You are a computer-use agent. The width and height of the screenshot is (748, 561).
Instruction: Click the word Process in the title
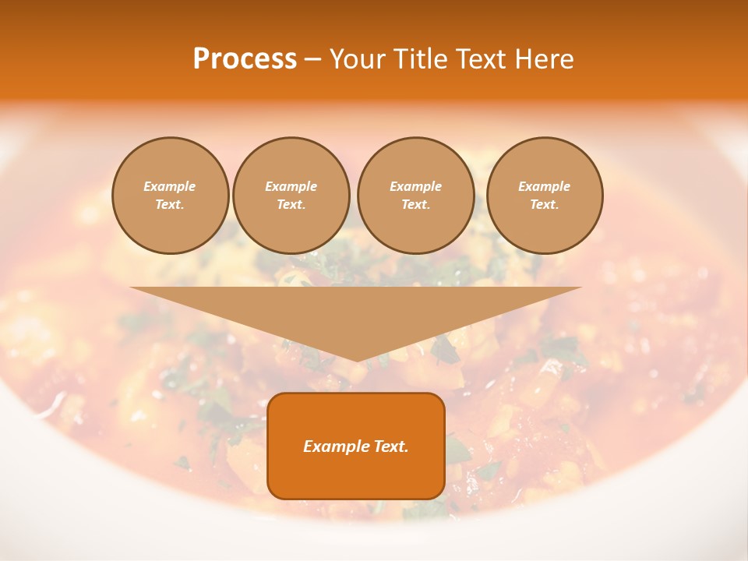click(245, 59)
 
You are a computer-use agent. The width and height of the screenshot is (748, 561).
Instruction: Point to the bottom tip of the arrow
click(357, 360)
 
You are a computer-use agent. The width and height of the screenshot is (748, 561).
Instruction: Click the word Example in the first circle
click(170, 186)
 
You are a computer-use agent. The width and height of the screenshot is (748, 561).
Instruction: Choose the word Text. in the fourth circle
click(545, 204)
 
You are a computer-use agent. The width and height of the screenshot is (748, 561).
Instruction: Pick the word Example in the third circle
click(415, 186)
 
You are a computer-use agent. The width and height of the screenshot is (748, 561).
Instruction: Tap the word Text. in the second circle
click(291, 204)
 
